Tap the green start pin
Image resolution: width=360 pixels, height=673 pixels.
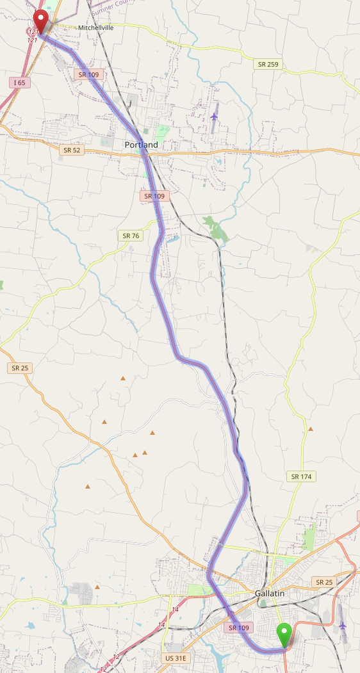click(x=284, y=635)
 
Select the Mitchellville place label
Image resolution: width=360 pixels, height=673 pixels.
click(x=95, y=28)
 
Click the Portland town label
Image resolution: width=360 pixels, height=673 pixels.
click(x=141, y=145)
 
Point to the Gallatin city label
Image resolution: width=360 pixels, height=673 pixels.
click(x=269, y=594)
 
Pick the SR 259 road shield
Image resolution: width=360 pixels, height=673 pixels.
click(x=268, y=64)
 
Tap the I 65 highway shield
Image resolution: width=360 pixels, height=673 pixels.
click(x=19, y=83)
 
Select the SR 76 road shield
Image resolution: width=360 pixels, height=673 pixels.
click(x=130, y=236)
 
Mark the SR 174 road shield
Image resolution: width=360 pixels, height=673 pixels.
click(x=302, y=476)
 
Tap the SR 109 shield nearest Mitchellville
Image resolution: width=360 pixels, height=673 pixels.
click(x=88, y=74)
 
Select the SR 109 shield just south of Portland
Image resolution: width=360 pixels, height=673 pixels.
click(x=154, y=196)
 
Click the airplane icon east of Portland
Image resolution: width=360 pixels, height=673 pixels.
click(x=213, y=116)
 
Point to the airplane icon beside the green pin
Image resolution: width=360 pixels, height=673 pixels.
click(x=342, y=625)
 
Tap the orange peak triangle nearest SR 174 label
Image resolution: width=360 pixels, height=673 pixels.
click(x=311, y=428)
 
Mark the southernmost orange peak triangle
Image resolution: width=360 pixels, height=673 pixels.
click(x=97, y=587)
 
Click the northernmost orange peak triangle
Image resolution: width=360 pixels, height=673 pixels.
click(x=123, y=378)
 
